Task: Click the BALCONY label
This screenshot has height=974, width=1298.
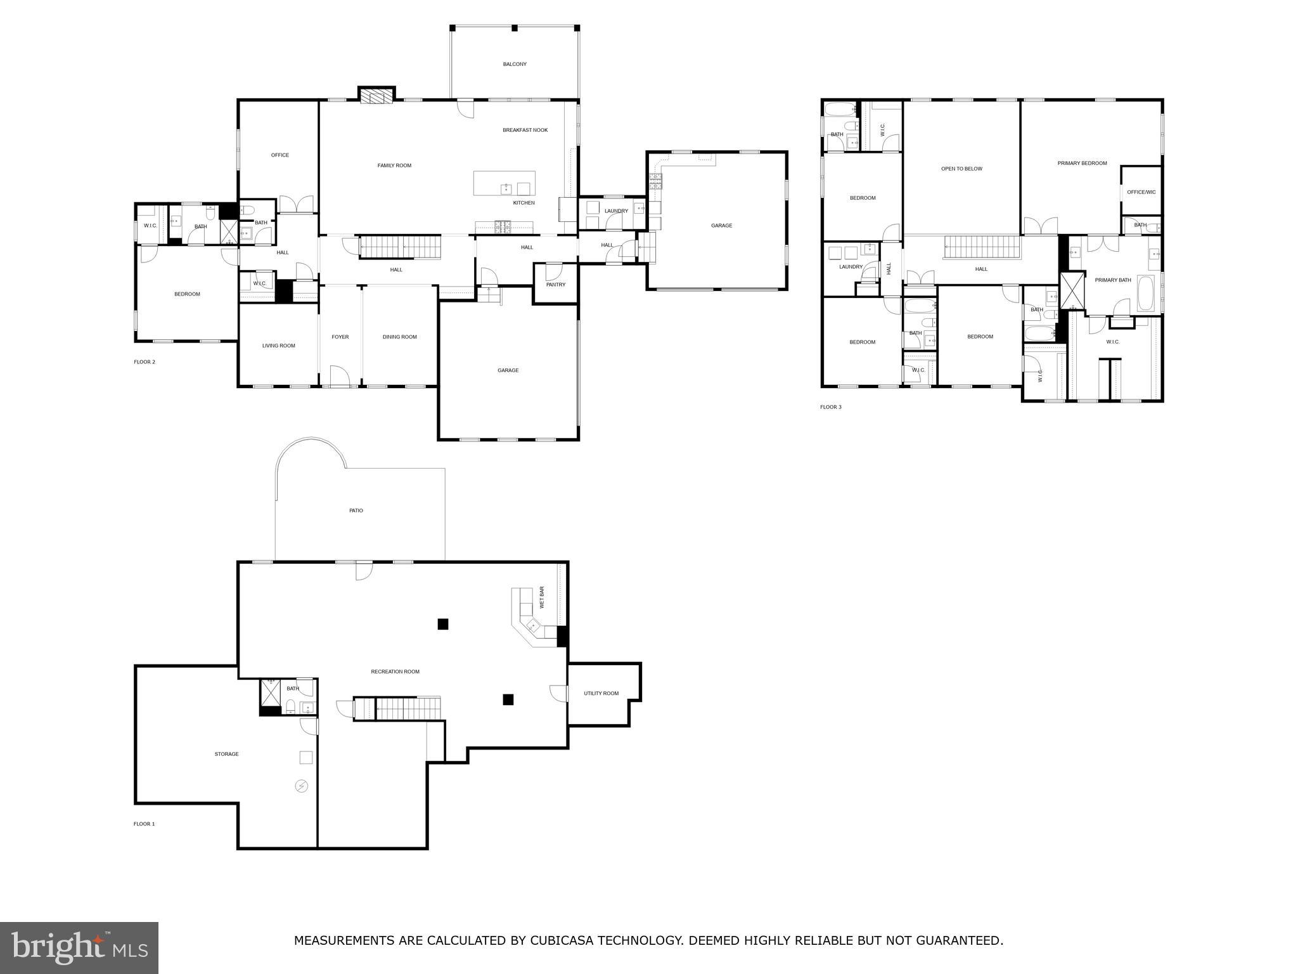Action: click(x=515, y=64)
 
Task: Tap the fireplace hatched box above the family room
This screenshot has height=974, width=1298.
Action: click(x=376, y=96)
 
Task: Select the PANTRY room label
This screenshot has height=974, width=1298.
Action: click(x=555, y=285)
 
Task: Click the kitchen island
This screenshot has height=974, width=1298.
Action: click(x=504, y=183)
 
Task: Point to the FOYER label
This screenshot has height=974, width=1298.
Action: click(x=340, y=337)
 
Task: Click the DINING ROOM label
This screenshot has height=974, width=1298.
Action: click(x=400, y=337)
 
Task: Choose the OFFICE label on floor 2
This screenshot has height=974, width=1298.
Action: click(x=280, y=155)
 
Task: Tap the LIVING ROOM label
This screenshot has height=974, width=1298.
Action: click(x=279, y=346)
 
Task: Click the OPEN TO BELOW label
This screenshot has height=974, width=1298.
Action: click(x=961, y=169)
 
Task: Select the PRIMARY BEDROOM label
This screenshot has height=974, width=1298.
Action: click(x=1082, y=164)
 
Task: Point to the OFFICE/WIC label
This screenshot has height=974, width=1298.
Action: click(x=1141, y=192)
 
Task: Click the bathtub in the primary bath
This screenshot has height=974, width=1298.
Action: click(x=1146, y=293)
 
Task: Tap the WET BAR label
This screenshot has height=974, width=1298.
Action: click(x=542, y=597)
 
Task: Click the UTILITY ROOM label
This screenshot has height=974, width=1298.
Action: click(x=601, y=694)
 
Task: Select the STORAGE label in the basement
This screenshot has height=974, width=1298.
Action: click(x=226, y=755)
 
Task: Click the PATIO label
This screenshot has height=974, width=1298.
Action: click(x=356, y=511)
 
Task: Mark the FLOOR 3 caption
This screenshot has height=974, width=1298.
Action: click(x=830, y=407)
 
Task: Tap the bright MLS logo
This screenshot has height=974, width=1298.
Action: click(x=79, y=948)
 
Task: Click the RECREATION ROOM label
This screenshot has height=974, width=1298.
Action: click(x=395, y=672)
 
